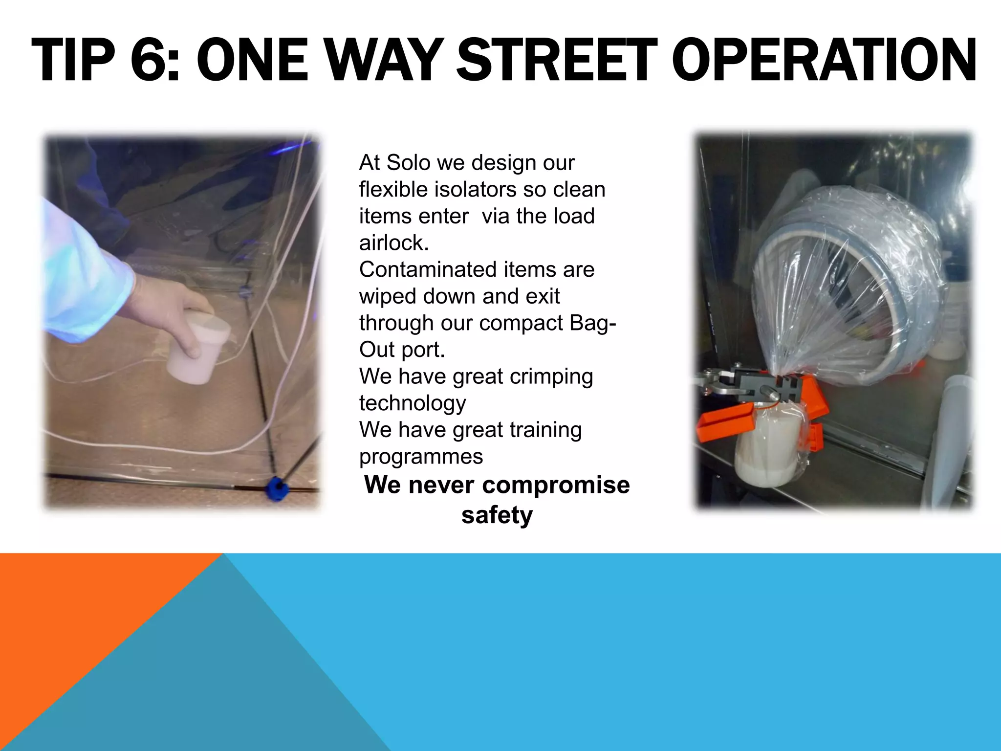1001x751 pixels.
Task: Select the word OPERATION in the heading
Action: (827, 61)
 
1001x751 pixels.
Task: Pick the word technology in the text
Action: (413, 403)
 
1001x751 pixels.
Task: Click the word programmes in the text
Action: (421, 457)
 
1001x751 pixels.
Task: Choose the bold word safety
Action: (497, 515)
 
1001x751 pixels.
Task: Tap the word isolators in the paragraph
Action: (475, 190)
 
